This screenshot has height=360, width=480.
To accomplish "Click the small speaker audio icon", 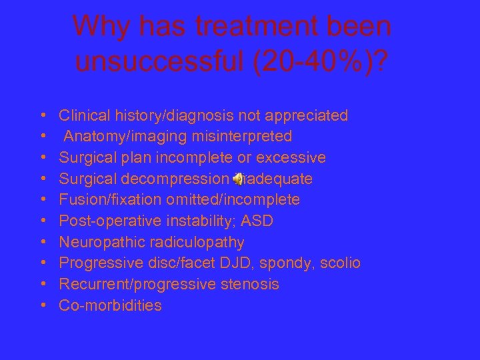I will pos(237,179).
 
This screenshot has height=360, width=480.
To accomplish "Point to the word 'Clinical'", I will pos(83,115).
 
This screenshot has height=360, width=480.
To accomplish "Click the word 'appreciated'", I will pos(307,115).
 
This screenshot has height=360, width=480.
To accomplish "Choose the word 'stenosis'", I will pos(249,284).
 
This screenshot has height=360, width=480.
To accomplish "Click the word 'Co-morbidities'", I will pos(110,305).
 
